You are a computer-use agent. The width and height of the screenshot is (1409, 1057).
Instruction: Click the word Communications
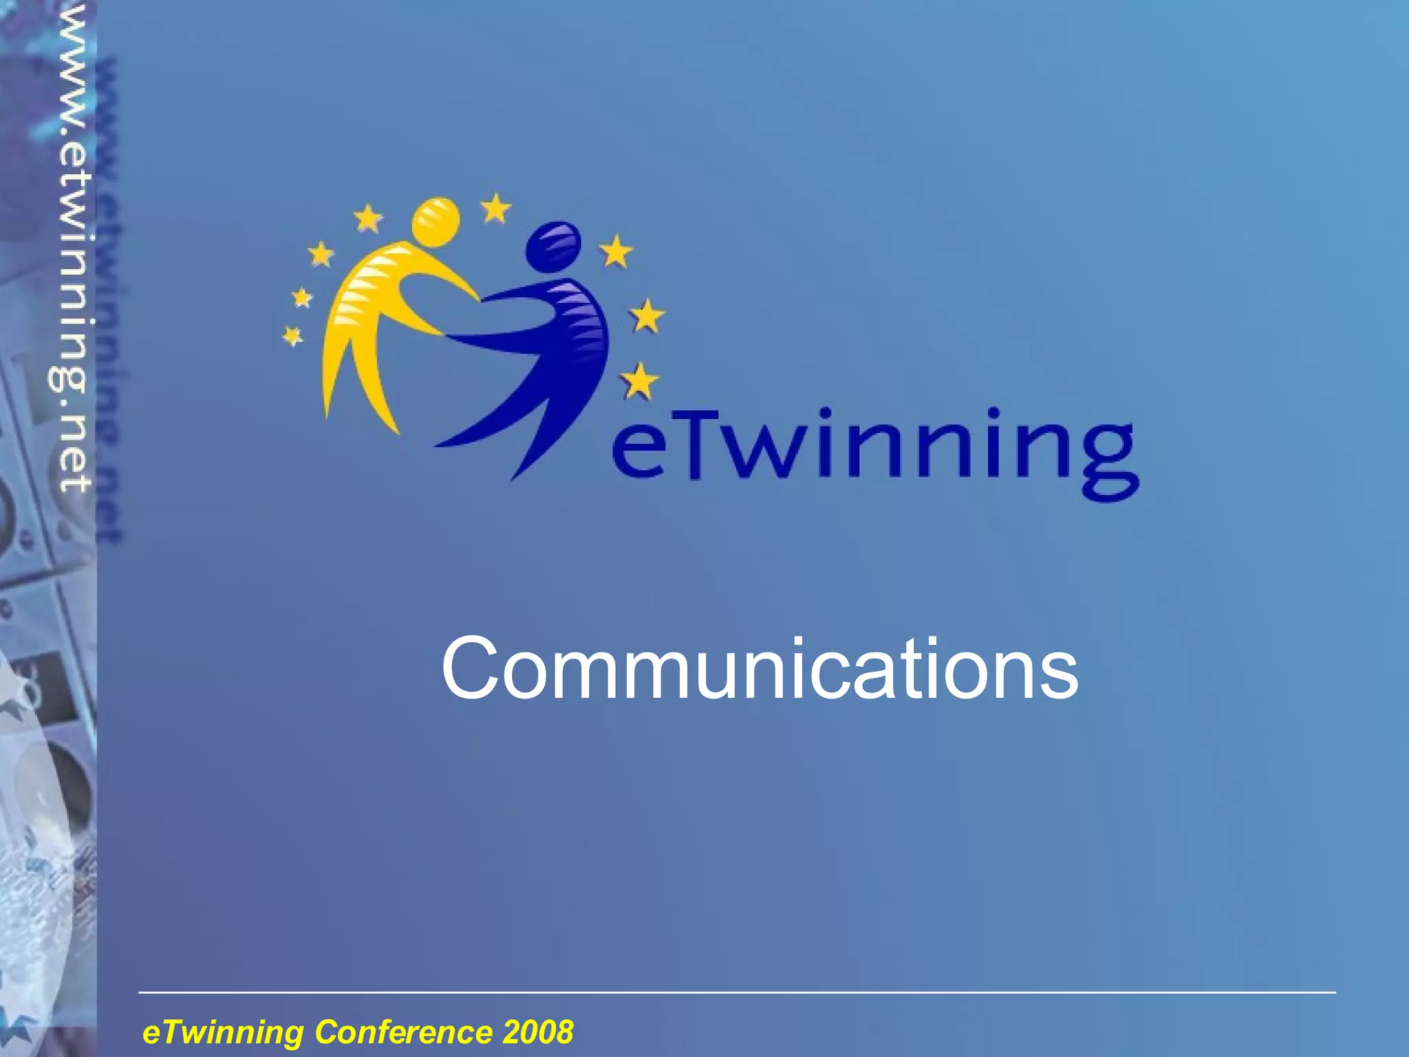[x=759, y=669]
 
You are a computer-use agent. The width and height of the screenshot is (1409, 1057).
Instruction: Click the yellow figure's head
[x=435, y=222]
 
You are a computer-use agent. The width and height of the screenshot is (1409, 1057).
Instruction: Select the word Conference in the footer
[x=403, y=1032]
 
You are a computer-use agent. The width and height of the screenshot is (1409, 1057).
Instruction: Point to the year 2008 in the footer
[x=538, y=1032]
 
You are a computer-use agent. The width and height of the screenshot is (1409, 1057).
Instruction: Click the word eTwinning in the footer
[x=223, y=1032]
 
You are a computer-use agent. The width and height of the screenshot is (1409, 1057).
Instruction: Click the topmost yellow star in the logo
[x=495, y=207]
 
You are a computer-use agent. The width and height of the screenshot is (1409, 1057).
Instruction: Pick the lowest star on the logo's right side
[x=639, y=381]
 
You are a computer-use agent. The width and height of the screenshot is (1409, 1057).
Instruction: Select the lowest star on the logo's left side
[x=293, y=336]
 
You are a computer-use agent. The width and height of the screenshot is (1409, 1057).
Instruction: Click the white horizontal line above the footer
[x=736, y=992]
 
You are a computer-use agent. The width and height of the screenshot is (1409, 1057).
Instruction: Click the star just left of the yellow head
[x=368, y=218]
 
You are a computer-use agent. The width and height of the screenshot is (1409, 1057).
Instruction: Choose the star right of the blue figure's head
[x=616, y=251]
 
